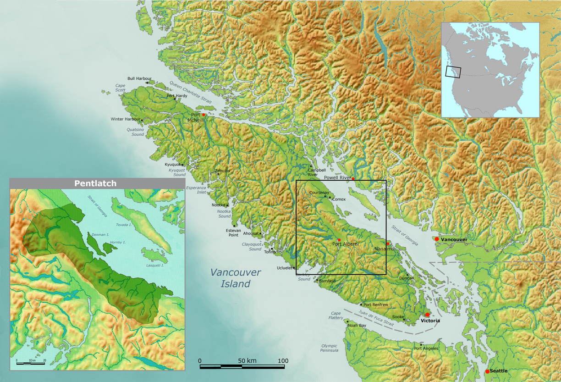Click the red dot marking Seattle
[487, 371]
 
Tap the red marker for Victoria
[427, 315]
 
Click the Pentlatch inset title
[95, 183]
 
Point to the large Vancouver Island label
[236, 278]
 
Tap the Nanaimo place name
[384, 249]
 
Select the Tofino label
[269, 252]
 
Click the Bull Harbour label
[139, 78]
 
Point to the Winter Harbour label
[126, 119]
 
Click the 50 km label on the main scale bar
[247, 361]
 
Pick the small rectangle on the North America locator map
[453, 72]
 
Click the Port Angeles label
[426, 349]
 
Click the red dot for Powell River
[353, 178]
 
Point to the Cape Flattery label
[335, 316]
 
